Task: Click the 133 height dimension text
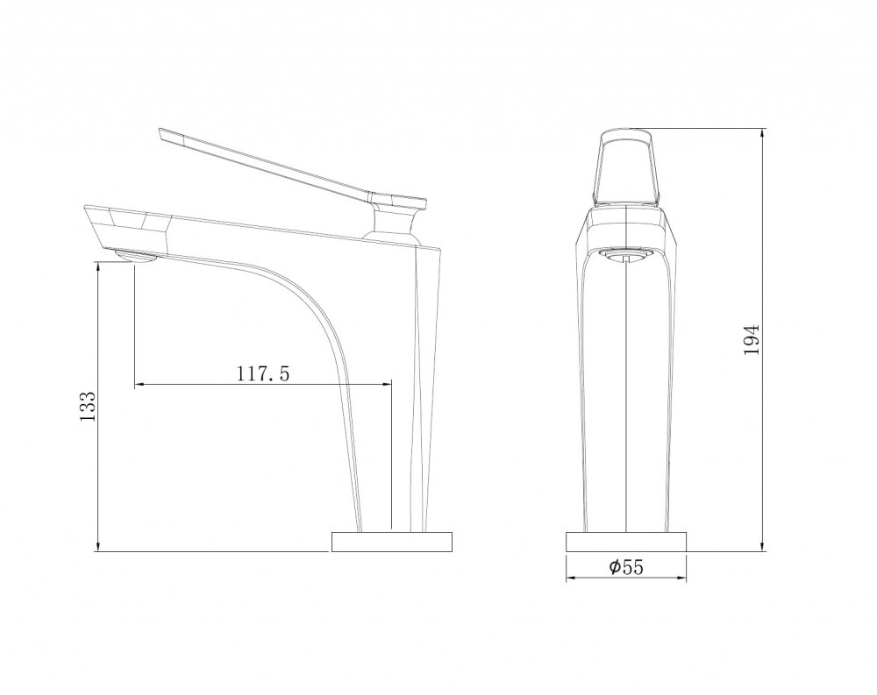coord(88,408)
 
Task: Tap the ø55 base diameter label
coord(626,567)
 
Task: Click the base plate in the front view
coord(626,543)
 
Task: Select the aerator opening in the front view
coord(626,255)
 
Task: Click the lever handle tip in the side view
coord(167,133)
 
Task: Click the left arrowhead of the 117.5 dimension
coord(139,384)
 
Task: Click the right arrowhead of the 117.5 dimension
coord(387,384)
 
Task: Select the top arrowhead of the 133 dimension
coord(97,267)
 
